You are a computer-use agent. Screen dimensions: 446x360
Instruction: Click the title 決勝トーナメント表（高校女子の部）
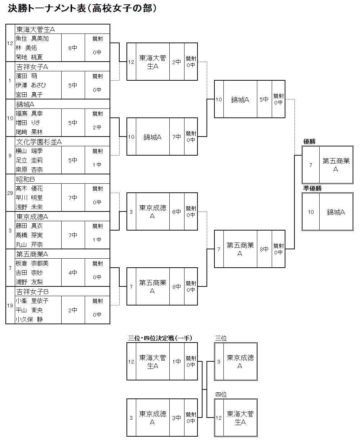click(x=82, y=8)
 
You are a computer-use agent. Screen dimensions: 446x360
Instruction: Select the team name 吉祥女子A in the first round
click(x=32, y=67)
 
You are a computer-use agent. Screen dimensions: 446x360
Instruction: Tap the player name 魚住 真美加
click(x=32, y=39)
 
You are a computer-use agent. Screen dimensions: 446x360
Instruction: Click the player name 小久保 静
click(x=29, y=319)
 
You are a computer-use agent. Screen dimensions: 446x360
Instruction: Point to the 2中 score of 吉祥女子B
click(x=73, y=310)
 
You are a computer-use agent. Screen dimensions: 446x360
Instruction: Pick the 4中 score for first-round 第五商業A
click(x=73, y=273)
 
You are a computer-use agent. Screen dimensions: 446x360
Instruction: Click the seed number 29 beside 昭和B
click(x=10, y=193)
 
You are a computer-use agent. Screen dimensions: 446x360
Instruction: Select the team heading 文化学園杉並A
click(x=39, y=142)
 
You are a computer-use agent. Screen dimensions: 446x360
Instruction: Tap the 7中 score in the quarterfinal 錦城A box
click(x=177, y=137)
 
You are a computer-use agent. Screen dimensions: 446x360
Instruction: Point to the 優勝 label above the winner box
click(x=309, y=142)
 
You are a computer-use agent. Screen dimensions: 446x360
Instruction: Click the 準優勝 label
click(x=312, y=188)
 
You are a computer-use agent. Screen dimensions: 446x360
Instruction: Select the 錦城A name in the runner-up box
click(x=336, y=212)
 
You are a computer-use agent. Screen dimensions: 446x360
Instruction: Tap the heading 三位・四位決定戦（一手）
click(x=160, y=338)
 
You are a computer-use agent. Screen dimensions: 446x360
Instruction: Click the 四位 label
click(x=221, y=394)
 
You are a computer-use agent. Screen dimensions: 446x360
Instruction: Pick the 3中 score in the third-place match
click(x=177, y=418)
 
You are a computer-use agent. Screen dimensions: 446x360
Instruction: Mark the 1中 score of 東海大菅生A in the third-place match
click(x=177, y=362)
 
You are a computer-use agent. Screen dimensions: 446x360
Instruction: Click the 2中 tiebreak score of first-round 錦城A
click(x=97, y=128)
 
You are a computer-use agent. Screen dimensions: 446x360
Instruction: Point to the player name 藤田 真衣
click(x=29, y=226)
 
